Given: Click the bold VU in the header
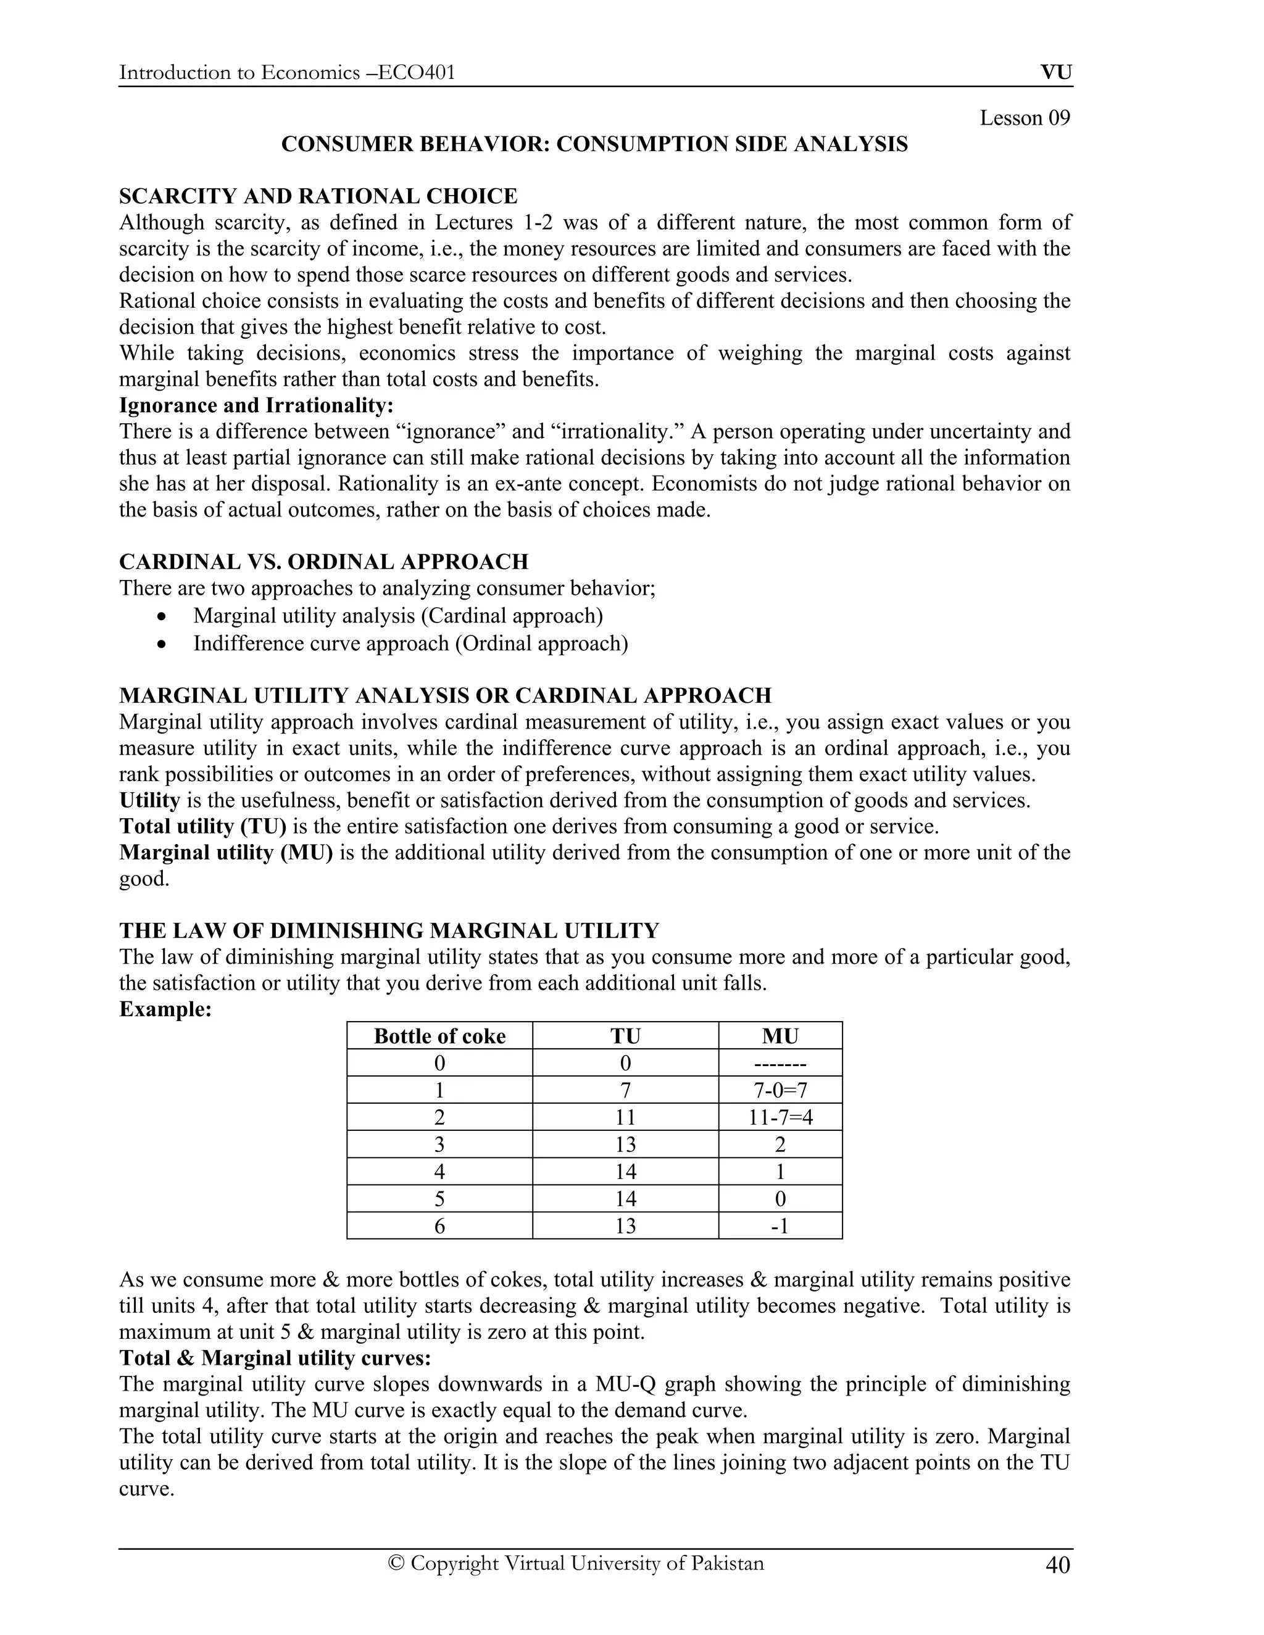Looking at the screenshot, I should click(1056, 73).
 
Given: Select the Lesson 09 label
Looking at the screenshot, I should click(1025, 118).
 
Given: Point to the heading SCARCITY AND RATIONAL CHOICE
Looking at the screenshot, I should click(318, 196).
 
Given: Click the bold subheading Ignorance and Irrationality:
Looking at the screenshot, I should click(256, 405).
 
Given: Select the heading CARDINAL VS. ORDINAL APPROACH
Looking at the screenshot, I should click(323, 561).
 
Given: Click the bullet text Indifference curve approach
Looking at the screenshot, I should click(410, 643).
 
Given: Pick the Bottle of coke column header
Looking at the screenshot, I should click(439, 1036).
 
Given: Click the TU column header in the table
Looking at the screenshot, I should click(625, 1036).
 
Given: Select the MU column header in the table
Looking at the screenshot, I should click(780, 1036).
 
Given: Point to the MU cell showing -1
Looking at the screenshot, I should click(780, 1225).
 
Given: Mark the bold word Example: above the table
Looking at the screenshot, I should click(165, 1009).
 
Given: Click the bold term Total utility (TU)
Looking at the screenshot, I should click(203, 827).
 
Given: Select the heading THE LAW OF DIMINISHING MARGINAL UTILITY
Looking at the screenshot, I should click(389, 930).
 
